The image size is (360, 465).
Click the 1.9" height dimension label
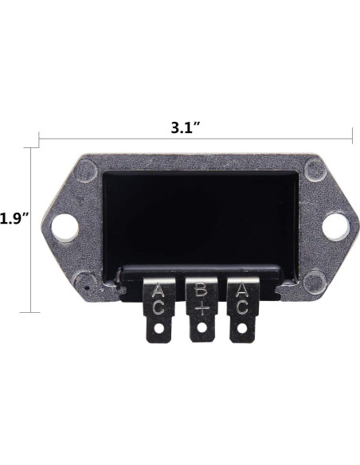(x=14, y=219)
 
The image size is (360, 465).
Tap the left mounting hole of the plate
(x=65, y=228)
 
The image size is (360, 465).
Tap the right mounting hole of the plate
(x=335, y=227)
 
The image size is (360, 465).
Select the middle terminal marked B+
(x=202, y=309)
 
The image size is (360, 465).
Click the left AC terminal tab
(x=158, y=310)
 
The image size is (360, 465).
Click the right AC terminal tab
(x=242, y=310)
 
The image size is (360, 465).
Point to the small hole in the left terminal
(x=159, y=329)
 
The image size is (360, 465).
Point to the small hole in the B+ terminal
(x=202, y=328)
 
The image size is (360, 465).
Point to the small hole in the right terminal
(x=242, y=329)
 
